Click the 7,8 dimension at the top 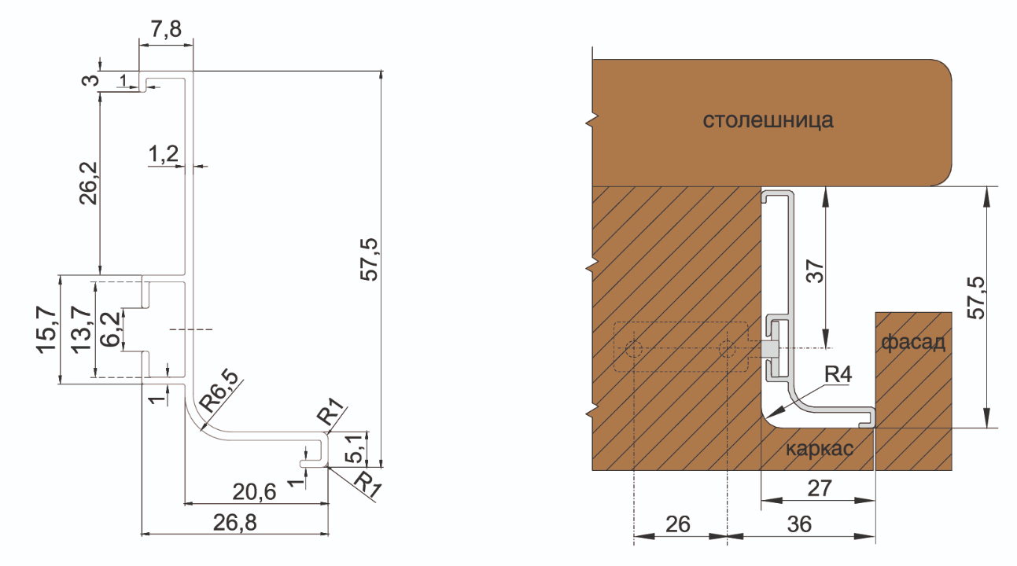(165, 29)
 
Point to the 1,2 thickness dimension (163, 155)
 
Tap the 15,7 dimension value (47, 330)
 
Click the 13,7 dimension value (79, 330)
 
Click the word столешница (768, 121)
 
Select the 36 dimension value (799, 524)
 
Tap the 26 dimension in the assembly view (678, 524)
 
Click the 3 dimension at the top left (94, 81)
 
